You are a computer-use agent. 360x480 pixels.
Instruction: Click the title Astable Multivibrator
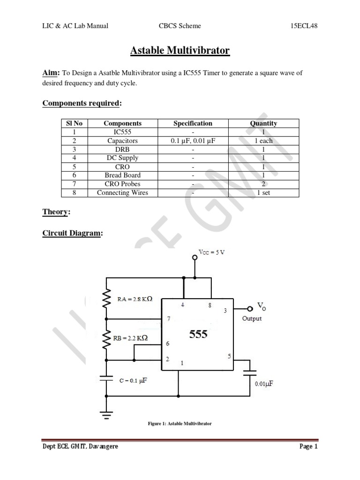(x=180, y=50)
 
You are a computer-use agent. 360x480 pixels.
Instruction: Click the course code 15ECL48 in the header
(x=304, y=26)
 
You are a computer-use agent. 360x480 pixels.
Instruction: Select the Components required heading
(x=82, y=103)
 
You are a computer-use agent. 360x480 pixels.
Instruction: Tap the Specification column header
(x=193, y=123)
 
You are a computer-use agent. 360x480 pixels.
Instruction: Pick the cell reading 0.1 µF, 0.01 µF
(x=193, y=141)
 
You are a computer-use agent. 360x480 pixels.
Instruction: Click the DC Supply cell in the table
(x=122, y=158)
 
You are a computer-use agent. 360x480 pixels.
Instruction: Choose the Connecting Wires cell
(x=122, y=193)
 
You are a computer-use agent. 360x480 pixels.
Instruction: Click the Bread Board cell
(x=122, y=175)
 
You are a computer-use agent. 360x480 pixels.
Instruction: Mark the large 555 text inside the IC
(x=198, y=335)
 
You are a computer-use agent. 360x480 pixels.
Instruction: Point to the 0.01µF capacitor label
(x=264, y=383)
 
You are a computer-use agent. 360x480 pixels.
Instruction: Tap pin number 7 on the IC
(x=168, y=319)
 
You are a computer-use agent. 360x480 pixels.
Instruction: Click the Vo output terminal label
(x=261, y=306)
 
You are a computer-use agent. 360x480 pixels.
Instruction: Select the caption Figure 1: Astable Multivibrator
(x=180, y=424)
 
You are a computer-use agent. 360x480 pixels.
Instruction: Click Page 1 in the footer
(x=308, y=447)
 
